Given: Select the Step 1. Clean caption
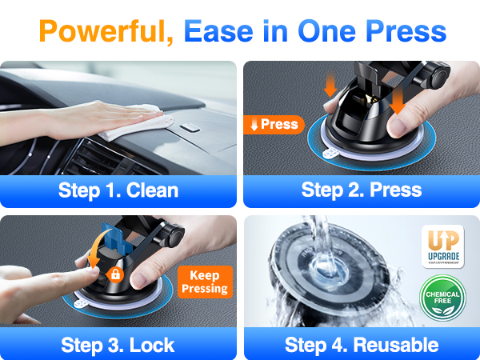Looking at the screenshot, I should point(118,190).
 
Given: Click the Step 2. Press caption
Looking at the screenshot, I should point(362,190).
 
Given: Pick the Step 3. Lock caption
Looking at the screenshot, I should point(118,345).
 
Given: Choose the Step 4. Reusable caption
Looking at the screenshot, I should point(362,345).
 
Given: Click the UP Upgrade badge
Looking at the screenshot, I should point(443,245).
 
